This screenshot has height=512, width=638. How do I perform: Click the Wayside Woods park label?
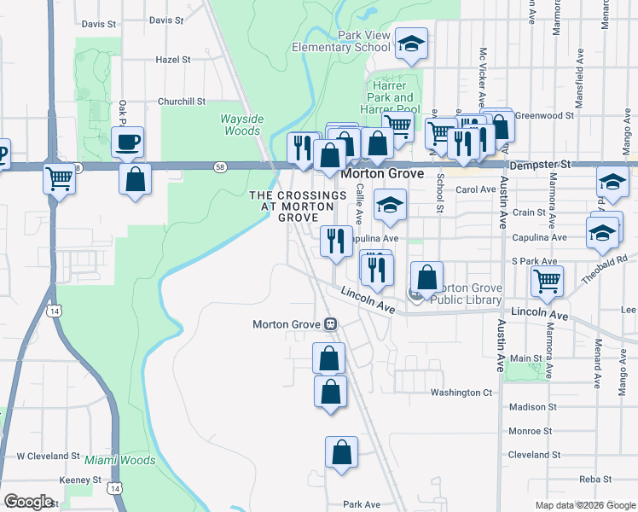pyautogui.click(x=242, y=125)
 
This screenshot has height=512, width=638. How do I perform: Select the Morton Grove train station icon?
pyautogui.click(x=329, y=324)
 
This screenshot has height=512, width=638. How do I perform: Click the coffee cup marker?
pyautogui.click(x=128, y=141)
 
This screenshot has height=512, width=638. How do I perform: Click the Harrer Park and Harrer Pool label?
pyautogui.click(x=391, y=97)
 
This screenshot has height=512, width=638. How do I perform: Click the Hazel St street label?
pyautogui.click(x=173, y=60)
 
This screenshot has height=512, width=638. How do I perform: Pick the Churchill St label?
pyautogui.click(x=182, y=101)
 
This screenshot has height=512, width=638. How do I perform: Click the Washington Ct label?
pyautogui.click(x=461, y=393)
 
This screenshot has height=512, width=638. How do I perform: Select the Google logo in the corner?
pyautogui.click(x=28, y=501)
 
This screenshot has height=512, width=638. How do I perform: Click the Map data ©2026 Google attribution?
pyautogui.click(x=585, y=505)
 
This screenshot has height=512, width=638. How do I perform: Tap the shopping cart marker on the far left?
pyautogui.click(x=59, y=179)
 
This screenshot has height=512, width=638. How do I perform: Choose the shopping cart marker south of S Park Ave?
pyautogui.click(x=547, y=280)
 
